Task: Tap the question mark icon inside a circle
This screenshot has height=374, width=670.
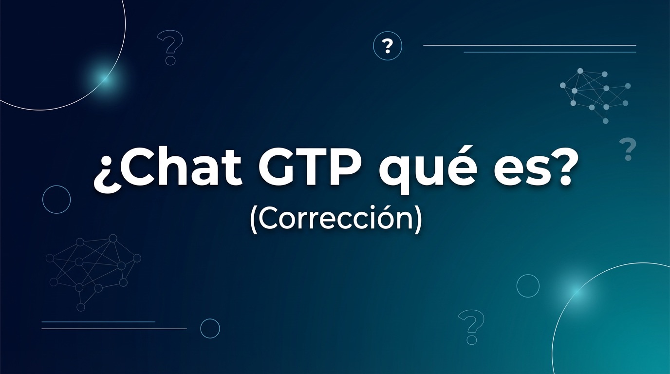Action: pos(388,46)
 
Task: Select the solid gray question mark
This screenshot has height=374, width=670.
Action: pos(628,150)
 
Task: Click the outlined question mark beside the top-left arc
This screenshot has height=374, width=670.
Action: pos(170,47)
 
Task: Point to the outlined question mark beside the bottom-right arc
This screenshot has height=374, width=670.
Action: pos(471,327)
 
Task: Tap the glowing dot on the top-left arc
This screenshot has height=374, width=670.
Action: pos(102,77)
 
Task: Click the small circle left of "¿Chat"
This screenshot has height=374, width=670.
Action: pos(56,199)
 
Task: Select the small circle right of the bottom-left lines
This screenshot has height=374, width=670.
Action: pos(210,328)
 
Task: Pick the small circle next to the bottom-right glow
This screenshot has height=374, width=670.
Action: pos(528,285)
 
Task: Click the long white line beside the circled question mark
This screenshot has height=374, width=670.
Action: pos(529,45)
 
